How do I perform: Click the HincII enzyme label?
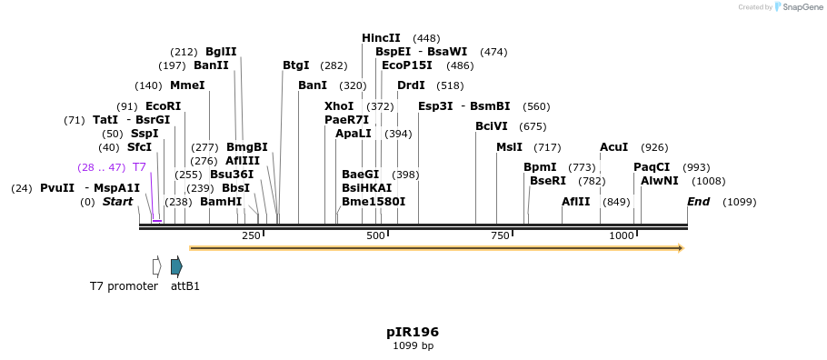pos(381,38)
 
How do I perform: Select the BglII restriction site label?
pos(221,52)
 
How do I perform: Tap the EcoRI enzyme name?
pos(163,106)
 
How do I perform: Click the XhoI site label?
pos(339,106)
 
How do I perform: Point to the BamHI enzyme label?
pos(221,202)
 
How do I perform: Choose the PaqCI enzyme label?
pos(652,167)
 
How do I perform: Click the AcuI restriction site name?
pos(613,147)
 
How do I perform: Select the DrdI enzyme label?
pos(411,85)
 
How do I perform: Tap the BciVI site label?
pos(492,126)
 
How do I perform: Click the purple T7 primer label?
pos(139,167)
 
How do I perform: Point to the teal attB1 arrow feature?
pos(176,266)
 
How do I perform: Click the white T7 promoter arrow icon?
pos(156,266)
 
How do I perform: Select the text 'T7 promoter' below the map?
pos(124,286)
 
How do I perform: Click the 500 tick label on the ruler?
pos(375,235)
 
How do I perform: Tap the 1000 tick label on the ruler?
pos(622,235)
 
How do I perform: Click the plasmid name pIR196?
pos(413,332)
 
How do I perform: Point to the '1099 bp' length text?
pos(413,346)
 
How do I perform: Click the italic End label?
pos(698,202)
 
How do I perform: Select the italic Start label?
pos(117,202)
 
